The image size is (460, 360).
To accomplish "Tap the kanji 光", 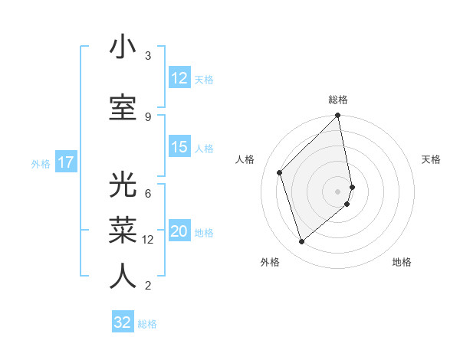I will click(123, 185).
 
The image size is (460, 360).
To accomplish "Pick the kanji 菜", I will click(123, 231).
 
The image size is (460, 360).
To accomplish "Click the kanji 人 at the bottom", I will click(123, 276).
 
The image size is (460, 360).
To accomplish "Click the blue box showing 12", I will click(179, 78).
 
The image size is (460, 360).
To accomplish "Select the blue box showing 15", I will click(179, 147).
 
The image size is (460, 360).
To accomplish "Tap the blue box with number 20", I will click(179, 231).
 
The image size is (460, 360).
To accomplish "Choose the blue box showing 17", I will click(66, 162).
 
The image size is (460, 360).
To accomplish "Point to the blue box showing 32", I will click(123, 322).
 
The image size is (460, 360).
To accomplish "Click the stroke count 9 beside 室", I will click(148, 116).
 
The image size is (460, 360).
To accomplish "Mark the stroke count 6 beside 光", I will click(148, 194).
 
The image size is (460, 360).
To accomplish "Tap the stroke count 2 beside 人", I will click(148, 286).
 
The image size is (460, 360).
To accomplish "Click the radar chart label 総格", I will click(338, 100).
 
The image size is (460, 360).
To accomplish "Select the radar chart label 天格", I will click(431, 159).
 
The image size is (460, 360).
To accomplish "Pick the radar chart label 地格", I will click(402, 262).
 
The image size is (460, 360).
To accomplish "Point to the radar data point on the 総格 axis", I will click(338, 116).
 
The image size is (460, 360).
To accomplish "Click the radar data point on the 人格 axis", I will click(280, 172).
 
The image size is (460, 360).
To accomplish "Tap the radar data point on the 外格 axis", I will click(301, 242).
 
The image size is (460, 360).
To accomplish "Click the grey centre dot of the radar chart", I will click(338, 191).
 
